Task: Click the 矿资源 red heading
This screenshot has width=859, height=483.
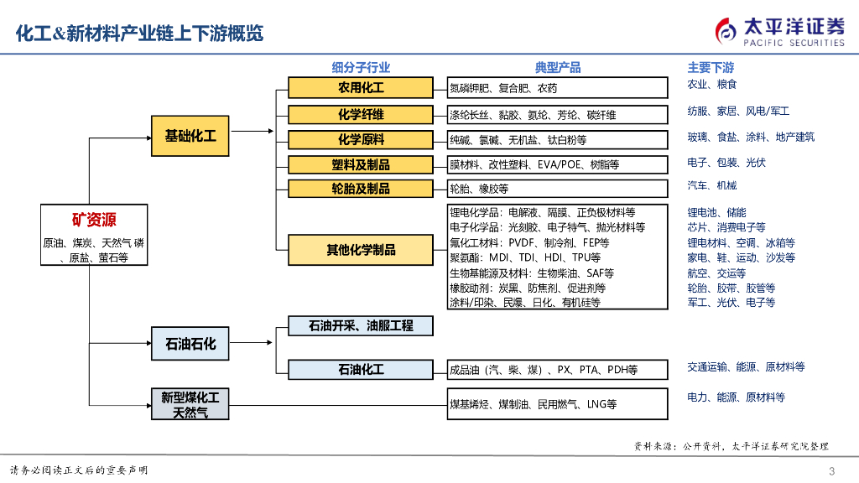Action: (94, 220)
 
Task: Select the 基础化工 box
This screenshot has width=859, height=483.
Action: (190, 136)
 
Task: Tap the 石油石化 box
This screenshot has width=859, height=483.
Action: (190, 343)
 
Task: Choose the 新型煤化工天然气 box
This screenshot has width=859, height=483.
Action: (190, 404)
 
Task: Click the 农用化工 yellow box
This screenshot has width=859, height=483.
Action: (361, 87)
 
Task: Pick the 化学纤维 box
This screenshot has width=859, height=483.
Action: (361, 113)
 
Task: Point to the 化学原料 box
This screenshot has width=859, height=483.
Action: (361, 139)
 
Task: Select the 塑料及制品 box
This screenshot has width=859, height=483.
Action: (361, 165)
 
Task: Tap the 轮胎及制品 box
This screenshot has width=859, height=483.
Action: (361, 189)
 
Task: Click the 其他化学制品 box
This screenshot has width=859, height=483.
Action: (361, 249)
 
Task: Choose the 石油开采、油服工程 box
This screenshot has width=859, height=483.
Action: (361, 325)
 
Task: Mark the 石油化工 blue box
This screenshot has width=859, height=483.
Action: (361, 369)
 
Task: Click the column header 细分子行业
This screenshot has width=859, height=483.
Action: (361, 68)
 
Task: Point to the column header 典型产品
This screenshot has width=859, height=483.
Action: (558, 68)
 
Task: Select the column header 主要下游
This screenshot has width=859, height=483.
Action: (711, 68)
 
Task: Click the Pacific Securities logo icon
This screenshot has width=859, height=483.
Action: (726, 30)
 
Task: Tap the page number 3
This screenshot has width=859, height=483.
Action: (831, 470)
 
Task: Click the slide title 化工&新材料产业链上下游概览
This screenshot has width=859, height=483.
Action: (140, 34)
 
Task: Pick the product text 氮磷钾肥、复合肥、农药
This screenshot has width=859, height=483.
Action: (503, 88)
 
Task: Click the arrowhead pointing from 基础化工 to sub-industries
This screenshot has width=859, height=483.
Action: (270, 131)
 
